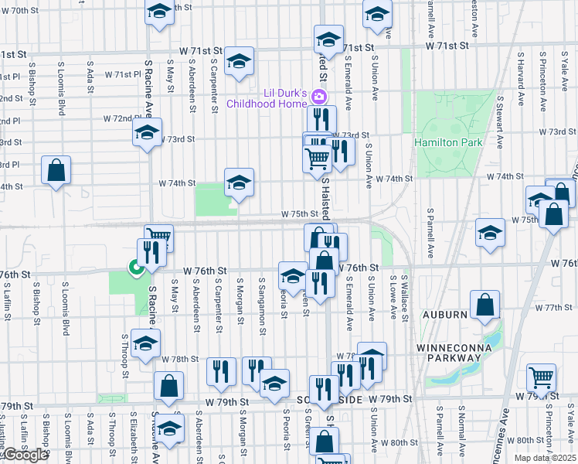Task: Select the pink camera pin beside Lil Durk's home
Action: pyautogui.click(x=319, y=96)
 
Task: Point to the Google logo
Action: pyautogui.click(x=25, y=455)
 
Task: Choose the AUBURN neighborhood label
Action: pyautogui.click(x=444, y=316)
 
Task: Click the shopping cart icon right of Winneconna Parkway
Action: pyautogui.click(x=542, y=377)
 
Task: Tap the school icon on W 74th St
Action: pyautogui.click(x=240, y=183)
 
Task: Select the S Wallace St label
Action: pyautogui.click(x=405, y=296)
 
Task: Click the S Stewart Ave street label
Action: pyautogui.click(x=501, y=122)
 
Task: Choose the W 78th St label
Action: pyautogui.click(x=181, y=360)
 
